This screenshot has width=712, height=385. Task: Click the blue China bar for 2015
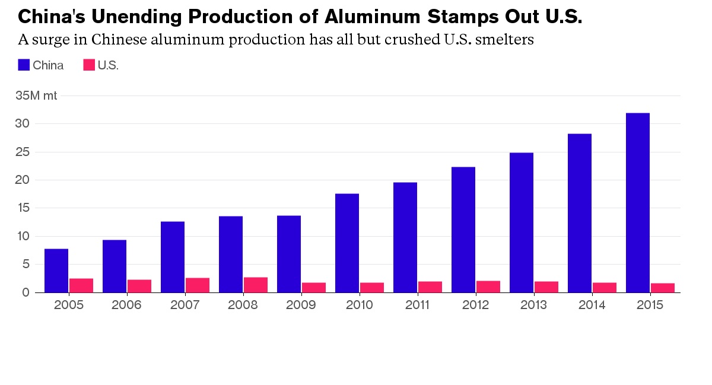(637, 202)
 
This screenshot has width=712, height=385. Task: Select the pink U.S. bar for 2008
(255, 285)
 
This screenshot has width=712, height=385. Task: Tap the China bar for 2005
(56, 271)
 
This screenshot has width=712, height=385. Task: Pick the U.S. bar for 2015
(662, 288)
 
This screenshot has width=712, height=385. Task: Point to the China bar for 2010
(347, 243)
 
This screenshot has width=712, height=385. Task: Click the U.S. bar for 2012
(488, 287)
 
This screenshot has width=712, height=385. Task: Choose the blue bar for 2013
(521, 222)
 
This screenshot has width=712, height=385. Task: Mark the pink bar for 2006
(139, 286)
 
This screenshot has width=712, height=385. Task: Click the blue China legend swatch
(24, 65)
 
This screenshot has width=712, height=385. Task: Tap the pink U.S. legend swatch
(89, 65)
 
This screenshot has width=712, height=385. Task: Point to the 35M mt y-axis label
(36, 96)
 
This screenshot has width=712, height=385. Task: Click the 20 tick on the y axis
(23, 180)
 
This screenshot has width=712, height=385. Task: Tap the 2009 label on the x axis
(301, 305)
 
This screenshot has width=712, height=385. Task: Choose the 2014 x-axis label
(592, 305)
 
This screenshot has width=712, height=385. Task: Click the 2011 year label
(418, 305)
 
